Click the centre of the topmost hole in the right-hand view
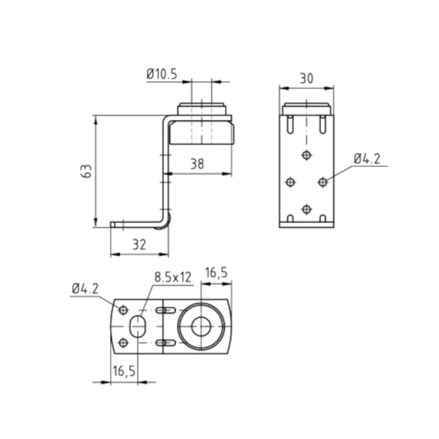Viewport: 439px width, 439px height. tap(306, 155)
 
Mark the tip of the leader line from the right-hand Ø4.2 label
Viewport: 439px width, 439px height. tap(326, 180)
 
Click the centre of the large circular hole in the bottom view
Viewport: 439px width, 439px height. tap(201, 326)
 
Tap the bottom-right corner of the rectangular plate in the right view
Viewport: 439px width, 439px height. tap(334, 227)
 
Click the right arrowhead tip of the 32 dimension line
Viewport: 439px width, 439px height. tap(169, 254)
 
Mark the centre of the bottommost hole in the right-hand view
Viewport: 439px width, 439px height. tap(306, 209)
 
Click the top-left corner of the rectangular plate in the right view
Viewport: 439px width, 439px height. tap(280, 115)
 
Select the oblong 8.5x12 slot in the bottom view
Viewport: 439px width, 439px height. tap(137, 326)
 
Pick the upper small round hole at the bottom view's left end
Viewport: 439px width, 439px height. tap(123, 310)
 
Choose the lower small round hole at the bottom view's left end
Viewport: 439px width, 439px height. tap(123, 343)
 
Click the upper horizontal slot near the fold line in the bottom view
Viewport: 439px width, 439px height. tap(166, 310)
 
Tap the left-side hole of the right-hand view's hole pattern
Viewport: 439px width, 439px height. tap(291, 182)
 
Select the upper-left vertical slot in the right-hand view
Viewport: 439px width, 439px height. tap(291, 124)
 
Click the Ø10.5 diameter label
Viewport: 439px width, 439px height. tap(162, 74)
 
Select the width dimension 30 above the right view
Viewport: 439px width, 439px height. tap(306, 79)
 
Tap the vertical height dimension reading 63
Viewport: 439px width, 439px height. tap(86, 171)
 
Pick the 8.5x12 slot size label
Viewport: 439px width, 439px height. tap(173, 277)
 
